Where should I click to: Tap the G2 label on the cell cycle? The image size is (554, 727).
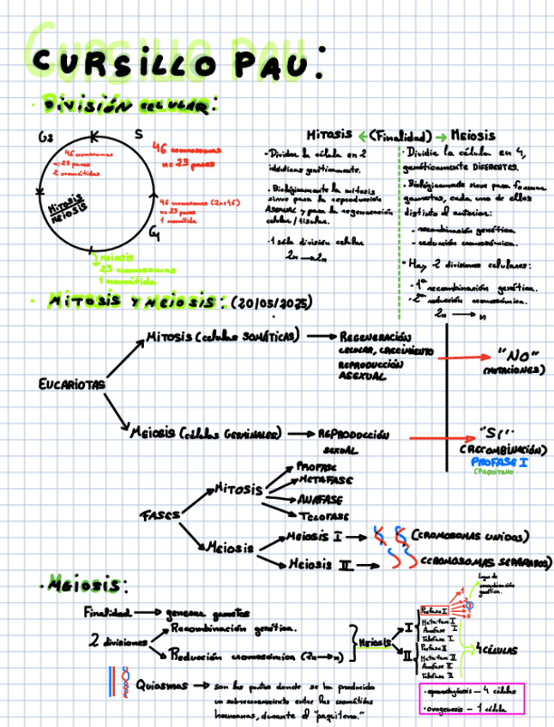click(45, 138)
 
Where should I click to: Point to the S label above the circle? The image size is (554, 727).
click(139, 134)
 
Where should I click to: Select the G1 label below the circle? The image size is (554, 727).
click(152, 232)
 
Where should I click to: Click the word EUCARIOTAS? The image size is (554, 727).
click(72, 384)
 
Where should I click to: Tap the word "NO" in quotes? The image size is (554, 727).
click(517, 356)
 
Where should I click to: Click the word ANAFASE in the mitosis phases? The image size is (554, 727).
click(321, 498)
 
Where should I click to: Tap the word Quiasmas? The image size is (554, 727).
click(162, 685)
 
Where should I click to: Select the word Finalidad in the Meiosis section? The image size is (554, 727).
click(107, 612)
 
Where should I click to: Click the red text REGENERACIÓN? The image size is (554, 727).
click(375, 336)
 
